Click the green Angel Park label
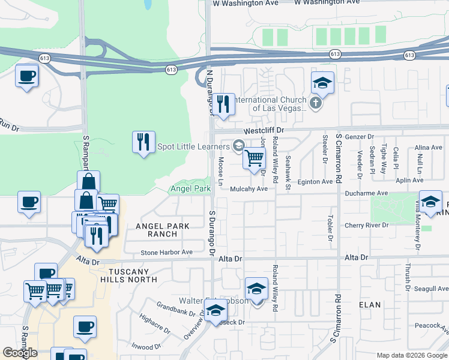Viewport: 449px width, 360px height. click(190, 188)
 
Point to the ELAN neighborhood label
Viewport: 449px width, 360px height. click(370, 305)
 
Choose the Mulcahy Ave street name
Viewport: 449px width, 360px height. click(249, 188)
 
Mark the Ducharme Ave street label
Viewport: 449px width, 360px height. click(367, 193)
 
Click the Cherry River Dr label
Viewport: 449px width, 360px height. click(366, 226)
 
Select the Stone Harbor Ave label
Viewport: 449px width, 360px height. click(166, 253)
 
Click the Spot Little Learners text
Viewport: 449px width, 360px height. click(193, 146)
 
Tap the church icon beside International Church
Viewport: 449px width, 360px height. click(316, 104)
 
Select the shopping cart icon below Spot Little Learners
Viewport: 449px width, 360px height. click(255, 158)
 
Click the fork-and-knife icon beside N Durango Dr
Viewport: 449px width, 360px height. click(223, 104)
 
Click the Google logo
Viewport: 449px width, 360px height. click(20, 353)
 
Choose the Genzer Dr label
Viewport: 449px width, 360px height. click(360, 136)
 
